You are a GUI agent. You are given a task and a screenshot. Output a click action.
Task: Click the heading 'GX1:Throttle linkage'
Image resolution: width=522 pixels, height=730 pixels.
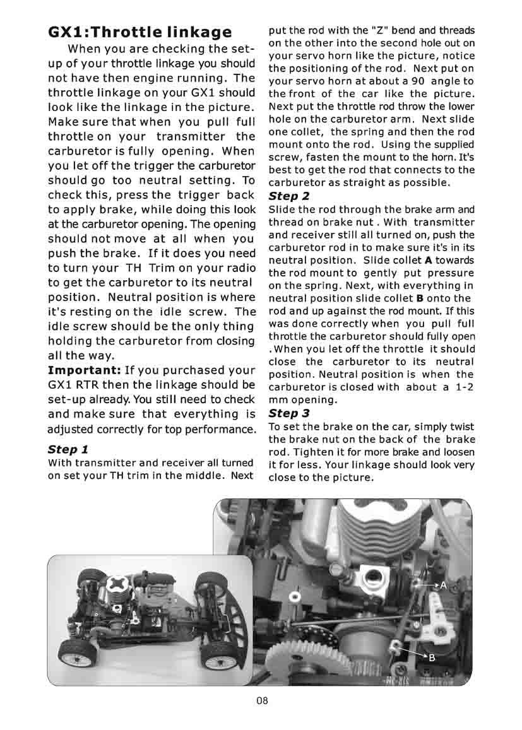click(140, 32)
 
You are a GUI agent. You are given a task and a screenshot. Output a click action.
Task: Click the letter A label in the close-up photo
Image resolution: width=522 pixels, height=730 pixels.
click(443, 586)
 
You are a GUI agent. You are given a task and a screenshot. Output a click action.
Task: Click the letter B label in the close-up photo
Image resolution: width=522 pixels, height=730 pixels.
click(432, 657)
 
